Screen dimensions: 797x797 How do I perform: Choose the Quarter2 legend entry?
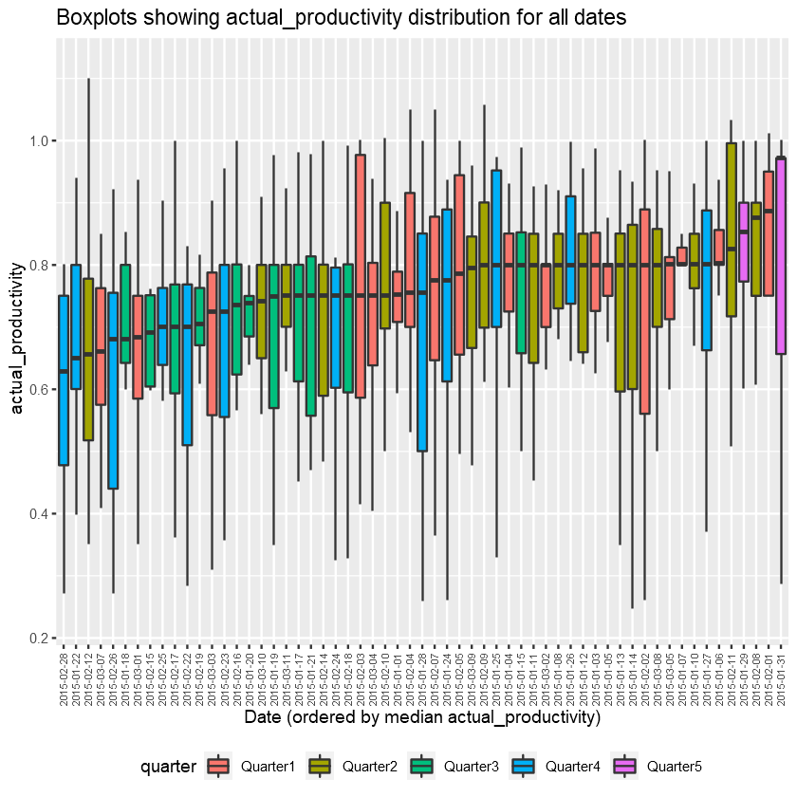point(364,766)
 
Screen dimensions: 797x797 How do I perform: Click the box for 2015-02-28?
point(64,380)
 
